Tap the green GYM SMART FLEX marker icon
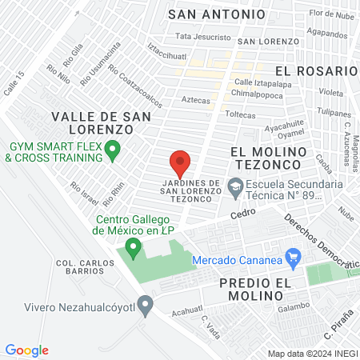pos(113,147)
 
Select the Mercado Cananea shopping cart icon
pos(293,258)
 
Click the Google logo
pos(27,350)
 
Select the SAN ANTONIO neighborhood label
pos(214,14)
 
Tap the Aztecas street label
pos(195,100)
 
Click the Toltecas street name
pos(240,115)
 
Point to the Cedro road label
pos(242,214)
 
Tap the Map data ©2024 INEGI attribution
pos(311,354)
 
